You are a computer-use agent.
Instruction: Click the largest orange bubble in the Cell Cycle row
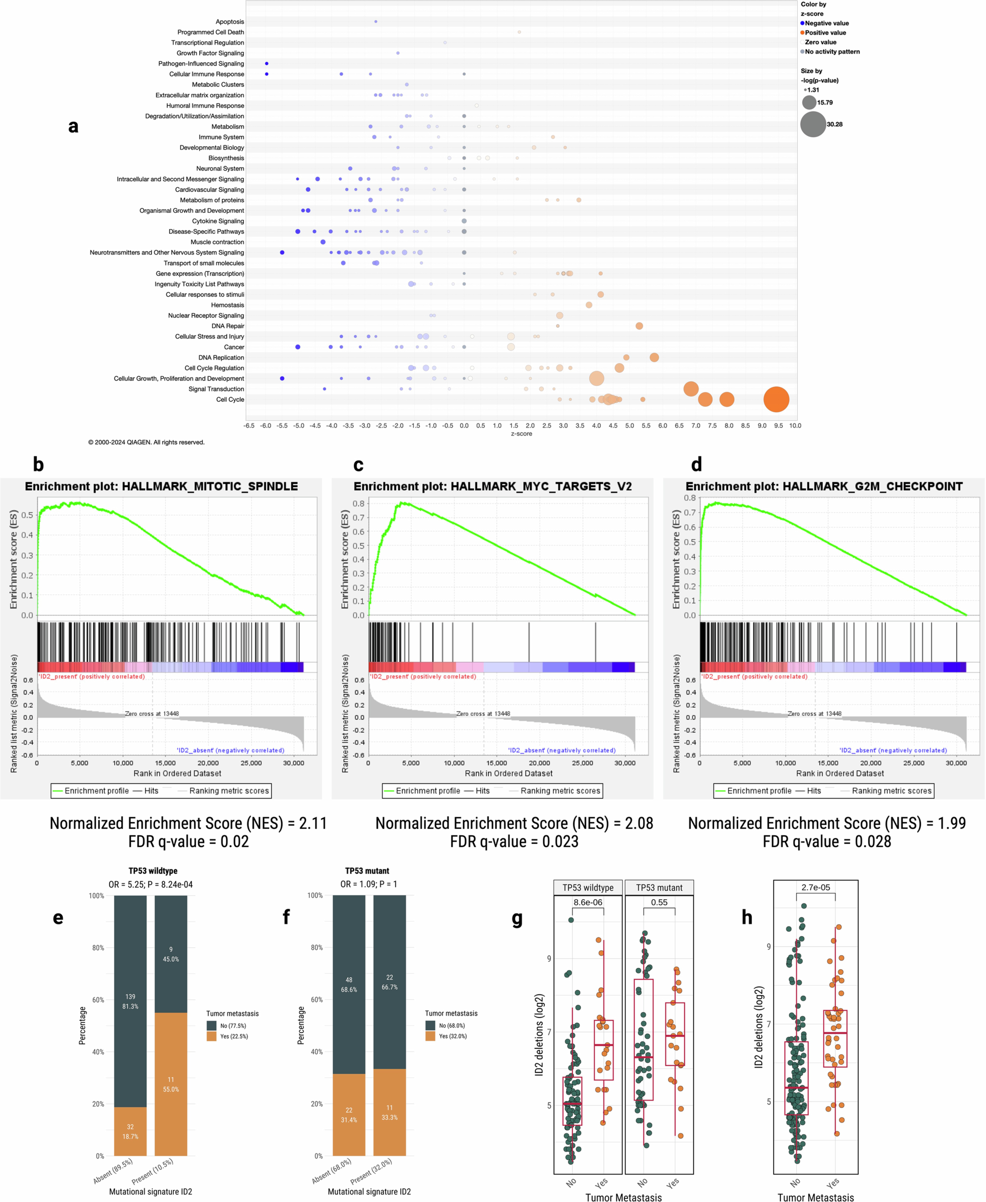[x=776, y=400]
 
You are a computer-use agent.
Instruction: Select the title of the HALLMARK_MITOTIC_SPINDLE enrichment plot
[x=161, y=486]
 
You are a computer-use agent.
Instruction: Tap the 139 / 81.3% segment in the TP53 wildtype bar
[x=130, y=1002]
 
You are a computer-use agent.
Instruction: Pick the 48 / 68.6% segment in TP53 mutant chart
[x=349, y=985]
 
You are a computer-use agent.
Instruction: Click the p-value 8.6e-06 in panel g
[x=588, y=902]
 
